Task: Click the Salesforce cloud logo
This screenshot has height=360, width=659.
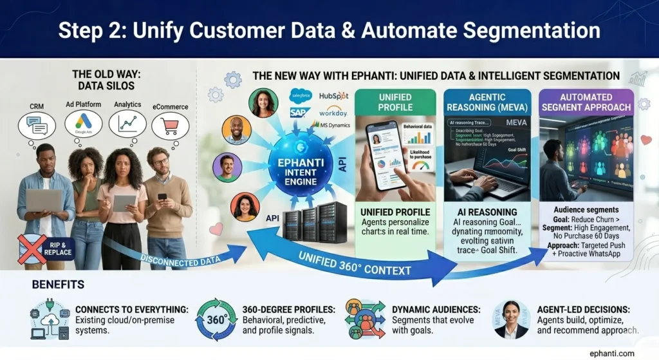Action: (x=301, y=96)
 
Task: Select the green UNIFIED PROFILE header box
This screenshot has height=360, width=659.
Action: (x=395, y=102)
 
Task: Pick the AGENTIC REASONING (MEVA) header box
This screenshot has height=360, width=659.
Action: (x=487, y=102)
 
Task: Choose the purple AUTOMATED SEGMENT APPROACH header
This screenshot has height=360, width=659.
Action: (x=586, y=102)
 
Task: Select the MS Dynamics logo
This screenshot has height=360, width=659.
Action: (x=330, y=124)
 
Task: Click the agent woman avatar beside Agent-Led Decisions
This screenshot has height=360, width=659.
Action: (x=512, y=319)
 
